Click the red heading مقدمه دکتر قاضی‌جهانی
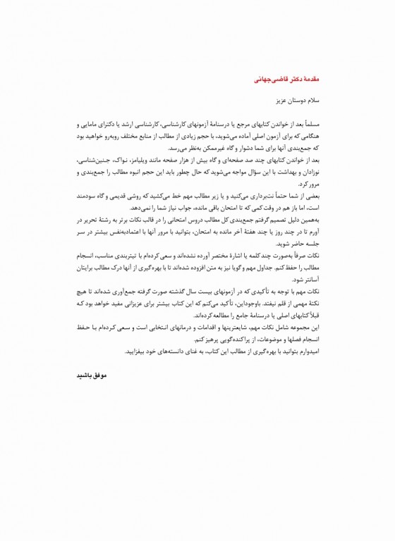click(x=286, y=80)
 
